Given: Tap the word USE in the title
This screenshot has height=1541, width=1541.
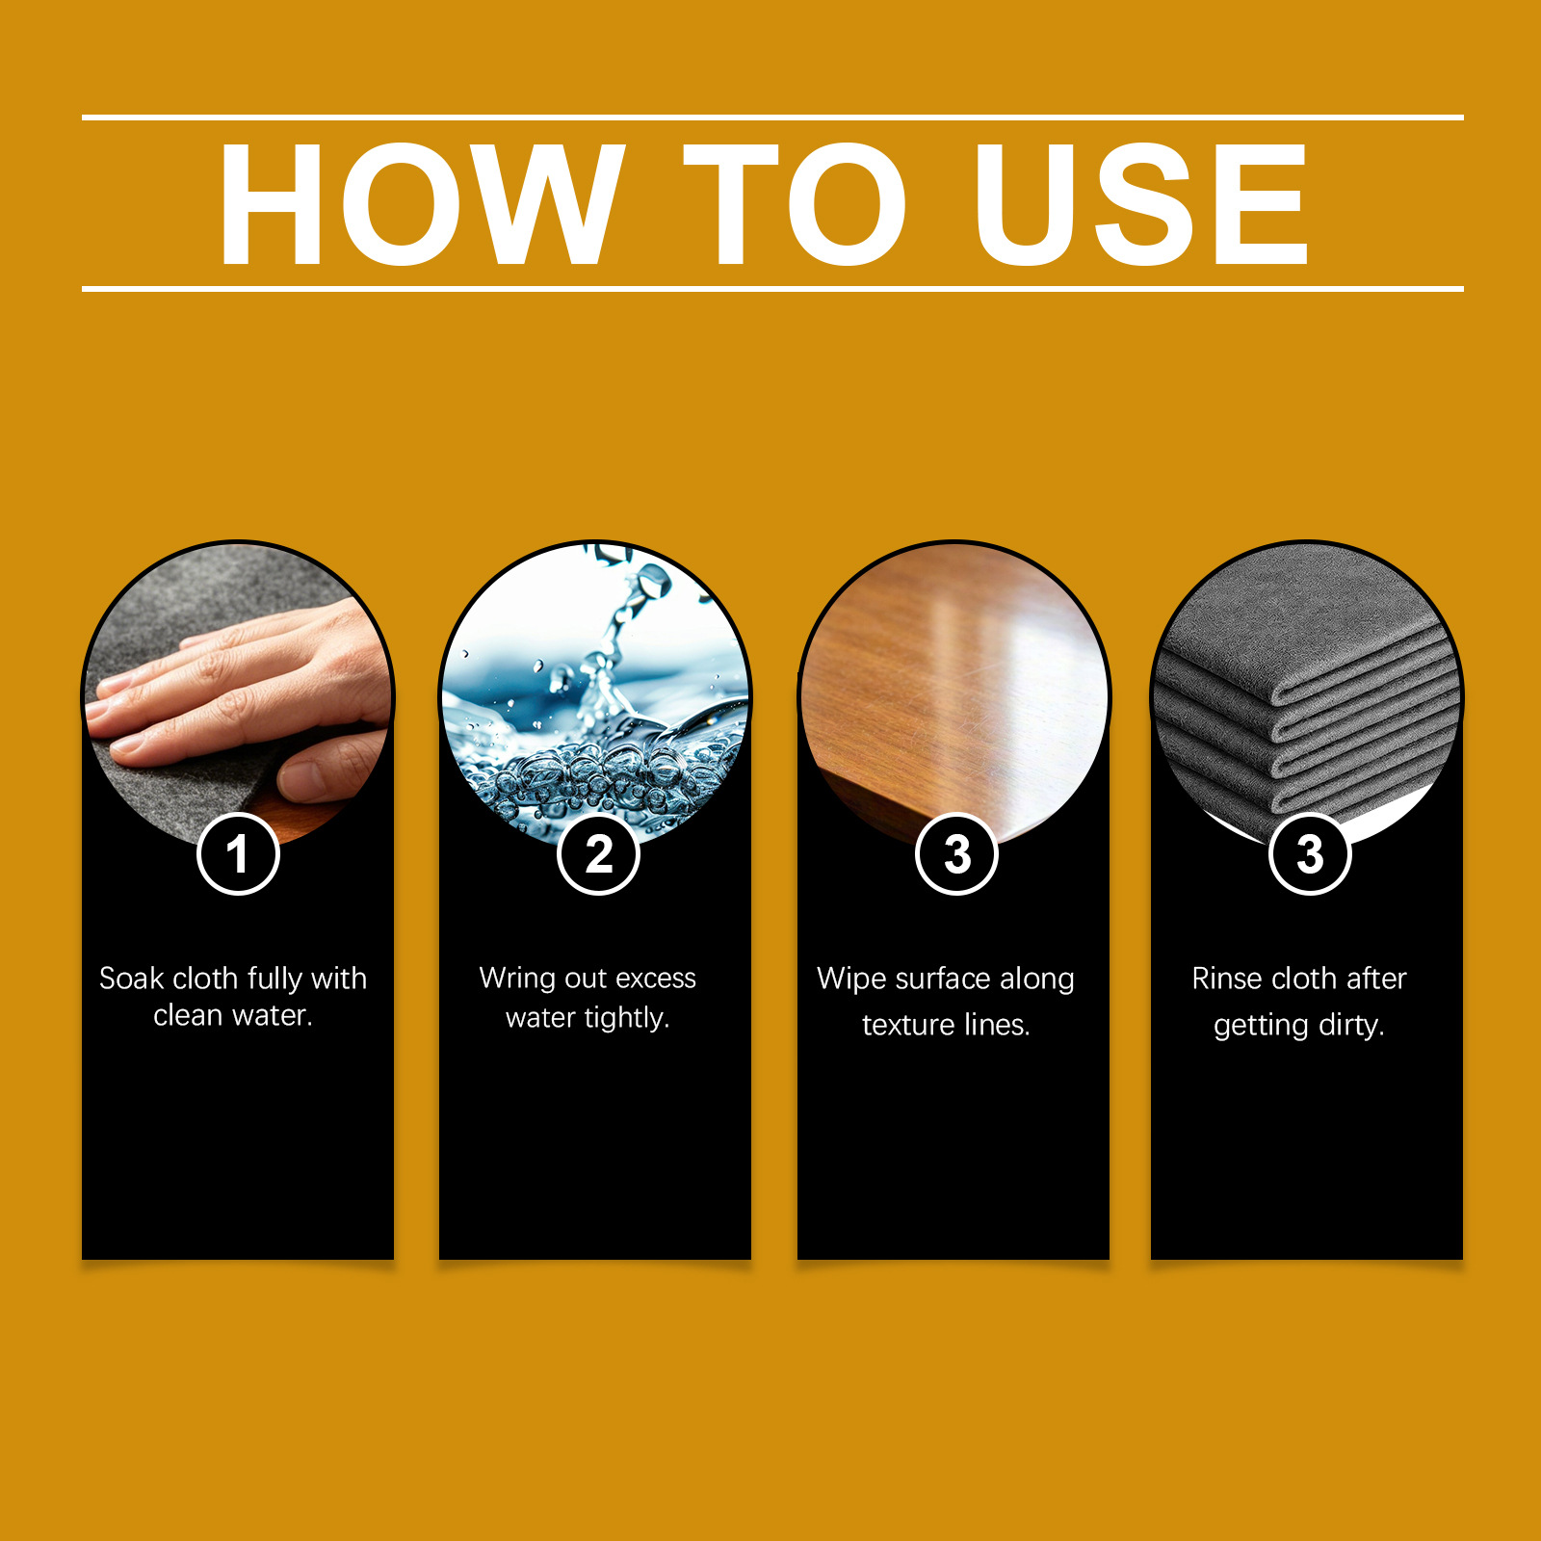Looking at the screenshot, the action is (1141, 203).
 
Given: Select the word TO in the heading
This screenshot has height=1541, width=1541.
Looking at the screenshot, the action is (796, 203).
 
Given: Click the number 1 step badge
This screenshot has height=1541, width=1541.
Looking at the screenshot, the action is (238, 854).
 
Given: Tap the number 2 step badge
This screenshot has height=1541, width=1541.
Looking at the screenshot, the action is (598, 854).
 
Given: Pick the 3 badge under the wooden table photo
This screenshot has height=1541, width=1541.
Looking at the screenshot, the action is (956, 854).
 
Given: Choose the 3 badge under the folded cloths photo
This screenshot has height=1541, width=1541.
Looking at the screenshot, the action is (1310, 854).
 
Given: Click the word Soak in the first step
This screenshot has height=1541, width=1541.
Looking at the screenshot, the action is (132, 979).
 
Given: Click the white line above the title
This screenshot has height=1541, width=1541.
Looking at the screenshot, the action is (772, 118).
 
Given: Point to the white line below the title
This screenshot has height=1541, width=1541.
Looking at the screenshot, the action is (772, 288).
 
